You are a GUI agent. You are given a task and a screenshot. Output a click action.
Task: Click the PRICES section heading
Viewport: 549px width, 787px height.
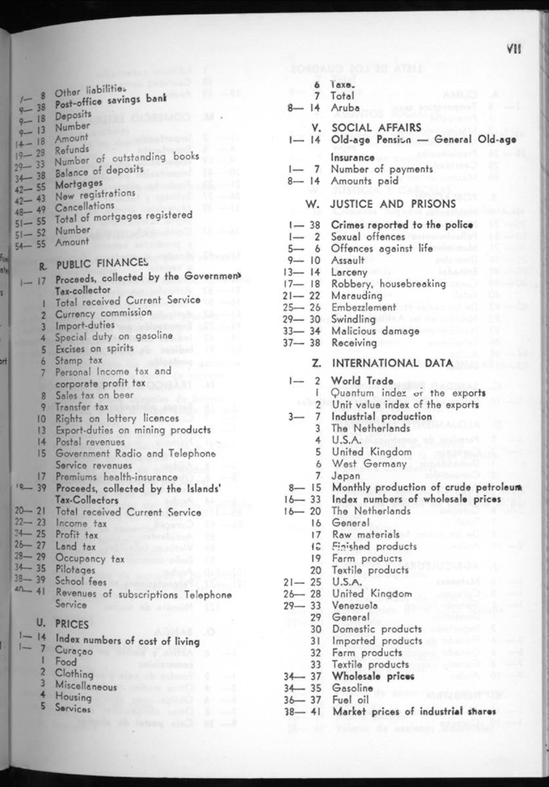click(71, 625)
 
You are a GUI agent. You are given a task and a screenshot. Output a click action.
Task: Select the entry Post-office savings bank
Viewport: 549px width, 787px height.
click(110, 103)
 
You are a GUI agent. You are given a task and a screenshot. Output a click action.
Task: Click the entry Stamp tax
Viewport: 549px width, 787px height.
click(79, 361)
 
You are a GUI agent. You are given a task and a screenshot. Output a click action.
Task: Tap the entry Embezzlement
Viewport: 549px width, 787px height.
click(364, 307)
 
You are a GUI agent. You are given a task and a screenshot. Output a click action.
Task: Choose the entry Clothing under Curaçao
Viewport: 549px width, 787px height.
click(74, 674)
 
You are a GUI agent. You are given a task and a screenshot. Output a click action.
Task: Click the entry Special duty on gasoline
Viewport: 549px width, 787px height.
click(108, 337)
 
